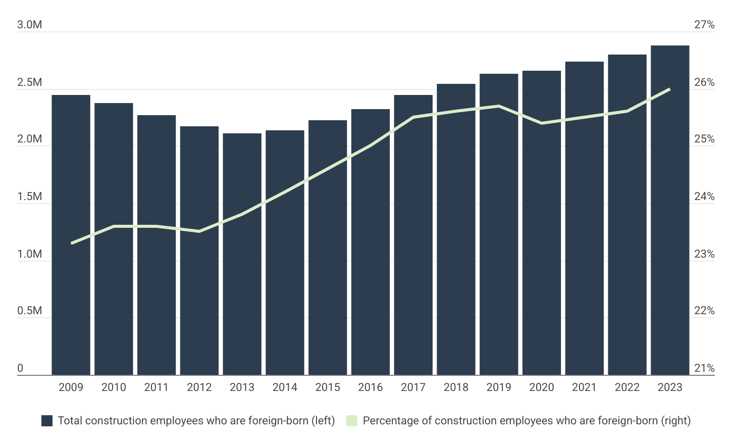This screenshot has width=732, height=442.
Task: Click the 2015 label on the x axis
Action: tap(328, 387)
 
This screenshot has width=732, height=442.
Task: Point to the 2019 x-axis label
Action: tap(499, 387)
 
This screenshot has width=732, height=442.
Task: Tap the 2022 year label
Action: tap(627, 387)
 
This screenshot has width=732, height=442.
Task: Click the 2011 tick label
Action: tap(156, 387)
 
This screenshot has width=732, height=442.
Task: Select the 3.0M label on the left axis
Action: tap(29, 25)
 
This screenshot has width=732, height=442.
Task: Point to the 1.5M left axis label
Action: tap(29, 197)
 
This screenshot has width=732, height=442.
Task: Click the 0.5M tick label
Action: tap(29, 311)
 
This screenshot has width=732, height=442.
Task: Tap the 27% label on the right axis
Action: tap(704, 25)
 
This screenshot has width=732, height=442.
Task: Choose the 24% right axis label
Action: tap(704, 197)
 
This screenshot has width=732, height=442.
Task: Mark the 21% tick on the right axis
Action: tap(704, 368)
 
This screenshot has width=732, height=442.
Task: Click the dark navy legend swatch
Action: tap(47, 421)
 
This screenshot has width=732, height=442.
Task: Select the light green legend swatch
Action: tap(352, 421)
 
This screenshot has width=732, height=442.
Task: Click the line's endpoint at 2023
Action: tap(669, 89)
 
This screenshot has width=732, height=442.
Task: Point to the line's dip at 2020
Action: tap(542, 123)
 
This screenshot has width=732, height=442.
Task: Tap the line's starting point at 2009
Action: tap(72, 243)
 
